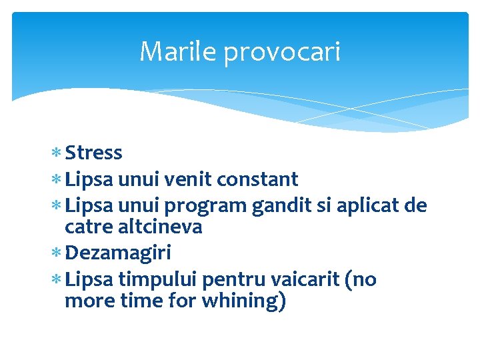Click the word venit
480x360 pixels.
[x=187, y=179]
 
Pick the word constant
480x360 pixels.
[x=257, y=179]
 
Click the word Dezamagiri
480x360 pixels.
[x=118, y=254]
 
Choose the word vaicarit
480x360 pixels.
[x=303, y=279]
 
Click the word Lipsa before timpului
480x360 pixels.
[x=90, y=280]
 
